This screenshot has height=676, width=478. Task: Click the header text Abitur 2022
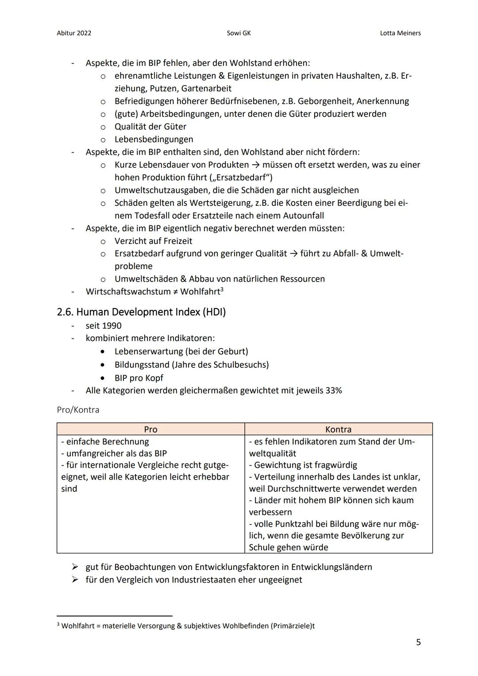[74, 33]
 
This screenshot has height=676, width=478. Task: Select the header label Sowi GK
[239, 33]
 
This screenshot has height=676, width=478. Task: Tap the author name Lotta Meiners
[400, 33]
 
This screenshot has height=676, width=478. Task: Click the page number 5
[418, 642]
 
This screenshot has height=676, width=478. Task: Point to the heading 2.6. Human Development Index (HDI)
[141, 312]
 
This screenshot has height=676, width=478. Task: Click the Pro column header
[150, 429]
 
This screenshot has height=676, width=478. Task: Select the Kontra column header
[338, 429]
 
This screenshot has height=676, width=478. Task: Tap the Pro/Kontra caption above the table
[78, 410]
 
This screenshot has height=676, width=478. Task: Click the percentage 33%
[334, 390]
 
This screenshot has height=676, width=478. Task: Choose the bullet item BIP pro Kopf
[139, 378]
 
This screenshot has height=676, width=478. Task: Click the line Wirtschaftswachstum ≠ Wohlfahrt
[154, 292]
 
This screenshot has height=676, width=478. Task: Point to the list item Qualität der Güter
[150, 127]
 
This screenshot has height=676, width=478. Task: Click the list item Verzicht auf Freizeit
[153, 241]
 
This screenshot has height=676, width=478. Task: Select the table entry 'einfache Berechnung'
[108, 442]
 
